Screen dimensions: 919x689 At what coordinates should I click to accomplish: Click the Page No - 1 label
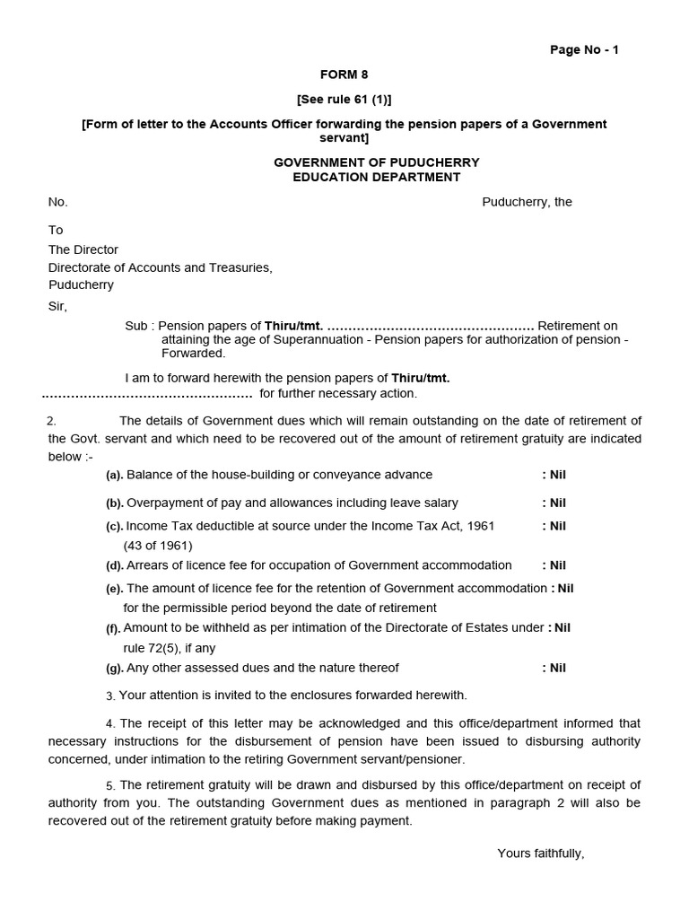(584, 49)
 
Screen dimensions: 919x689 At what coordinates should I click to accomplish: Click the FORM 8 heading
(344, 74)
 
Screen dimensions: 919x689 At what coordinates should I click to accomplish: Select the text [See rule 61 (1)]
(344, 99)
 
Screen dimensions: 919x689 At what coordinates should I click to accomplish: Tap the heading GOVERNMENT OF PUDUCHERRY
(376, 162)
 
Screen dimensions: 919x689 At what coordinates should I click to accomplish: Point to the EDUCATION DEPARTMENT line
(376, 177)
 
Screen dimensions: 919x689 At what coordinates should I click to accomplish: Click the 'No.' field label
(57, 202)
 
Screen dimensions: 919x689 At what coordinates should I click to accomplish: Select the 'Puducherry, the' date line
(527, 202)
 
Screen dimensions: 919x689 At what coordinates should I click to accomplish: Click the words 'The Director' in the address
(83, 249)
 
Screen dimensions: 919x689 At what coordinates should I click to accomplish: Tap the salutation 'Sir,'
(57, 306)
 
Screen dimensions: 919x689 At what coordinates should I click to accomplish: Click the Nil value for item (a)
(554, 474)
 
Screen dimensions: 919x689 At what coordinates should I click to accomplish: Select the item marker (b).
(115, 503)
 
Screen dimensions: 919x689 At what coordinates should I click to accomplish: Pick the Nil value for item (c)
(554, 526)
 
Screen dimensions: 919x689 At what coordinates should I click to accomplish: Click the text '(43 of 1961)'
(158, 545)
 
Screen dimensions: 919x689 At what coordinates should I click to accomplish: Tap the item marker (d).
(115, 565)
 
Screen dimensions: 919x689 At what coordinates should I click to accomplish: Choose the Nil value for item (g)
(554, 668)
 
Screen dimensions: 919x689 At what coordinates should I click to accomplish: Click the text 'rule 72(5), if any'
(169, 648)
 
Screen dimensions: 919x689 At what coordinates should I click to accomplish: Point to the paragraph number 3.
(109, 696)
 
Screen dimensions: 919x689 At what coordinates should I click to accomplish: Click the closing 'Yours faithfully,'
(540, 853)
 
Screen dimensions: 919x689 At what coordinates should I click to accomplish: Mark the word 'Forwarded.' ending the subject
(193, 354)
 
